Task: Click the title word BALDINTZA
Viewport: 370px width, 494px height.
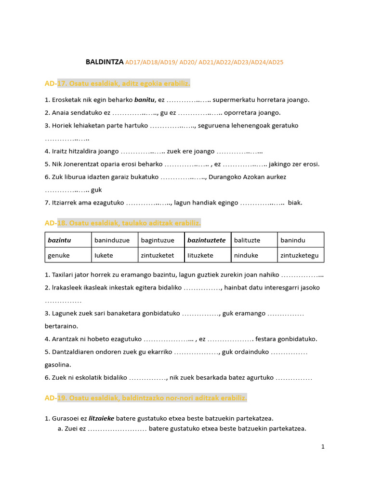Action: click(x=105, y=62)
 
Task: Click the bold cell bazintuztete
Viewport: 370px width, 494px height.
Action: click(x=206, y=240)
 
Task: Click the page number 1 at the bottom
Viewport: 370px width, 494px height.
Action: click(x=323, y=447)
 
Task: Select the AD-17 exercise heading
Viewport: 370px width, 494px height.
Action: click(x=118, y=84)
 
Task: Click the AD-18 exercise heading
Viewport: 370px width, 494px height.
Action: click(x=123, y=223)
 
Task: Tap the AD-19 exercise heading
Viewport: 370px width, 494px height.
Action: click(x=146, y=398)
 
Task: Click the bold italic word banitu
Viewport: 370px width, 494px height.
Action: click(x=144, y=100)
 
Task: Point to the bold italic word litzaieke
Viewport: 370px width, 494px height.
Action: click(x=101, y=418)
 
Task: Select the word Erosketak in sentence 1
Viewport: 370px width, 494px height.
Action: click(x=66, y=100)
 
